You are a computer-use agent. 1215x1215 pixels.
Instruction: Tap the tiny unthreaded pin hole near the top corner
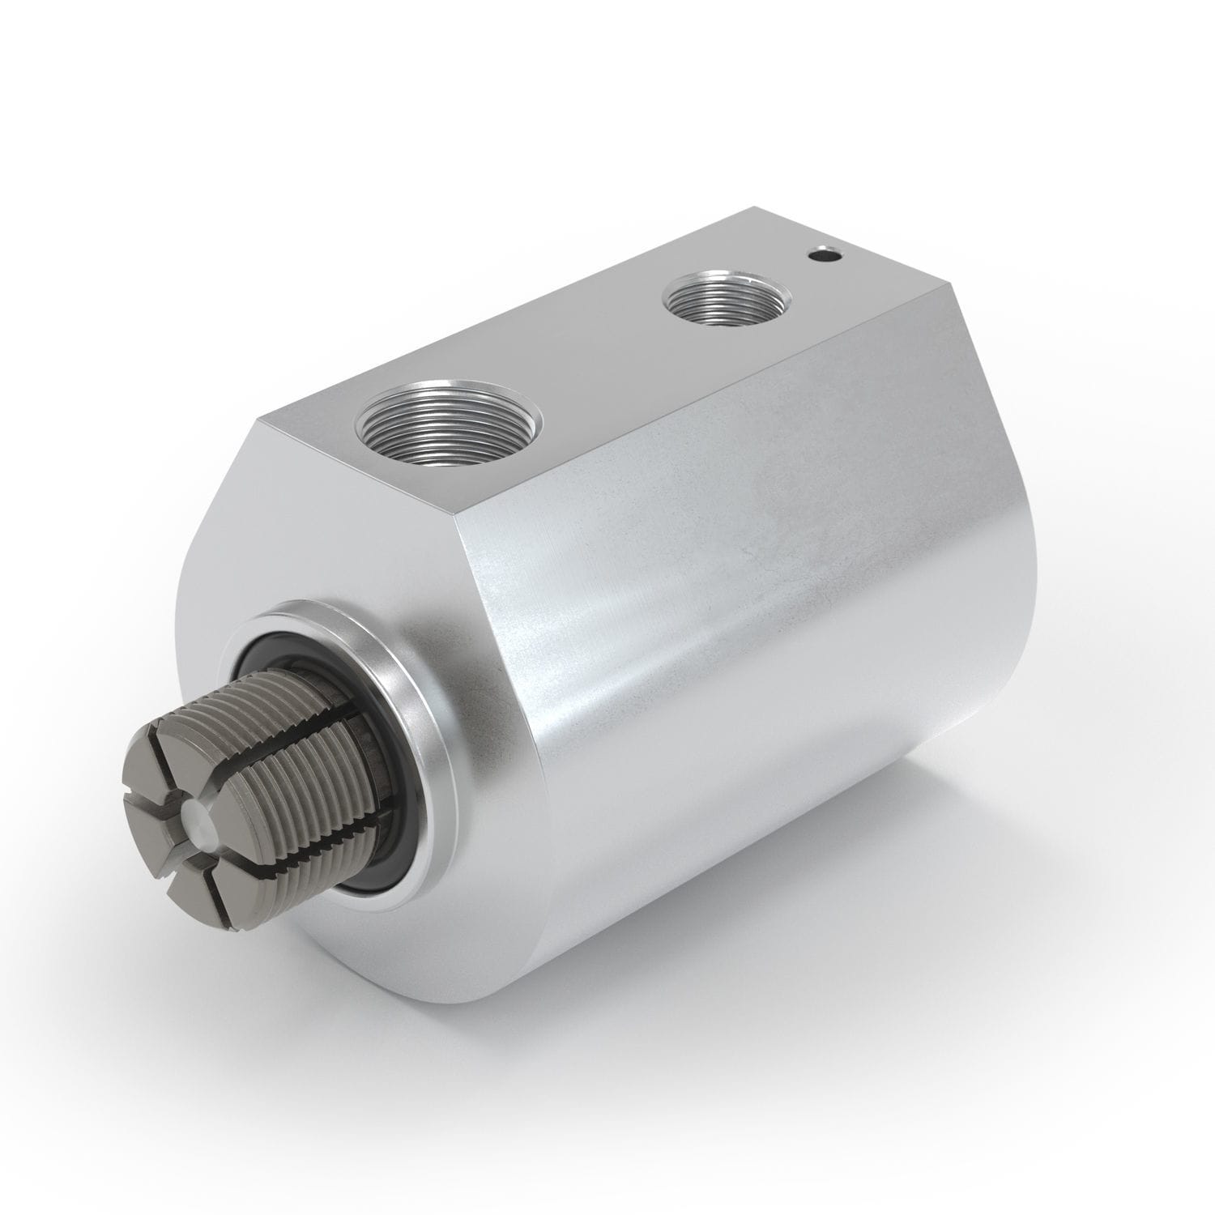click(824, 256)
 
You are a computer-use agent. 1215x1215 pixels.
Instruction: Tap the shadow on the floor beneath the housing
click(850, 1077)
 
